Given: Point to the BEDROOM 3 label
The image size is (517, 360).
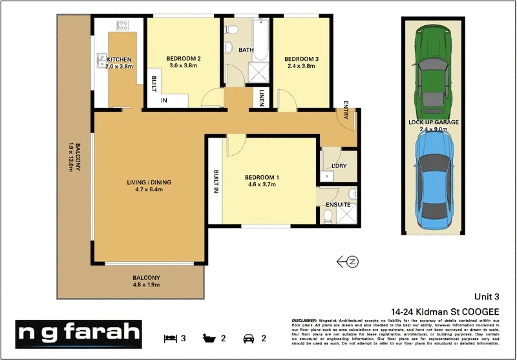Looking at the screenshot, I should click(301, 59).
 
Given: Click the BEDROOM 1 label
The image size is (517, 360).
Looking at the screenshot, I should click(262, 178).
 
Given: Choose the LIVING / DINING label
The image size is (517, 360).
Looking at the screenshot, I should click(149, 182).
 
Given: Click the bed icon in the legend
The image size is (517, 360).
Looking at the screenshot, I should click(170, 337).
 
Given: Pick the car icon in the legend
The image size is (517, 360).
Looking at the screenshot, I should click(248, 337).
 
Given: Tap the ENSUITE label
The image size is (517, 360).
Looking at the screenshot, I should click(338, 205).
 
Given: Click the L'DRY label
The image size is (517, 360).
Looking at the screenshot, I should click(339, 166).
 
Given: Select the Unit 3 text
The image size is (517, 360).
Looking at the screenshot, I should click(487, 297).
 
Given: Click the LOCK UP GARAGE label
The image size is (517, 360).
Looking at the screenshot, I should click(434, 122).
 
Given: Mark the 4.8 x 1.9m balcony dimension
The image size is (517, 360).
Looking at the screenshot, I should click(146, 285).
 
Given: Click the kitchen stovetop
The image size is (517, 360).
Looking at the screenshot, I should click(122, 26).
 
